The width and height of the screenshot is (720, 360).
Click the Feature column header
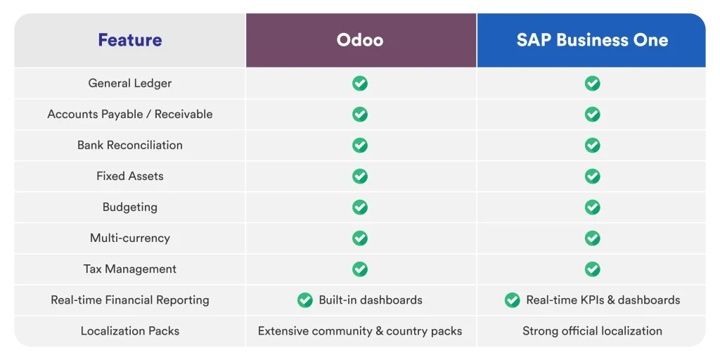(x=130, y=40)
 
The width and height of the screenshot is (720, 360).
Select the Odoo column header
(x=360, y=40)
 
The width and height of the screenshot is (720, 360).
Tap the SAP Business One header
(x=592, y=40)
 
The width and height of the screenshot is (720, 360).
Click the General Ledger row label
(x=130, y=83)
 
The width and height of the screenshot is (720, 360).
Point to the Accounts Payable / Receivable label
(x=130, y=114)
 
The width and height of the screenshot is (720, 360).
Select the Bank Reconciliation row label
(x=130, y=145)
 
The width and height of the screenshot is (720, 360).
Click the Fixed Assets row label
(x=130, y=176)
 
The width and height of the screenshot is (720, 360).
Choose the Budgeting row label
(x=130, y=207)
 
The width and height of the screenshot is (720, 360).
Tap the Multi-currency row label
(x=130, y=238)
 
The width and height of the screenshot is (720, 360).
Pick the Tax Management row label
(x=130, y=269)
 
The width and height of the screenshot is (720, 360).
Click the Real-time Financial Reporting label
(x=130, y=300)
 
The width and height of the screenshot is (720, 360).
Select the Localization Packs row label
(x=130, y=330)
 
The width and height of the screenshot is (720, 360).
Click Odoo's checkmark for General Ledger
(x=360, y=83)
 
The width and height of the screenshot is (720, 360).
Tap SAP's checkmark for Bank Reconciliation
(x=592, y=145)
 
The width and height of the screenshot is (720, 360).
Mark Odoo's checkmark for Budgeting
(x=360, y=207)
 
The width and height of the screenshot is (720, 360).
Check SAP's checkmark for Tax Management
(x=592, y=269)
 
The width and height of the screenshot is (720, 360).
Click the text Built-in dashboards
(x=371, y=300)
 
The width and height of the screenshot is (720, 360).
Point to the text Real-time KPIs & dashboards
(x=603, y=300)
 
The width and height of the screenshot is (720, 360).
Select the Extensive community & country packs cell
(x=360, y=330)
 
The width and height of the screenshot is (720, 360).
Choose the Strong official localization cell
(x=592, y=330)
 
